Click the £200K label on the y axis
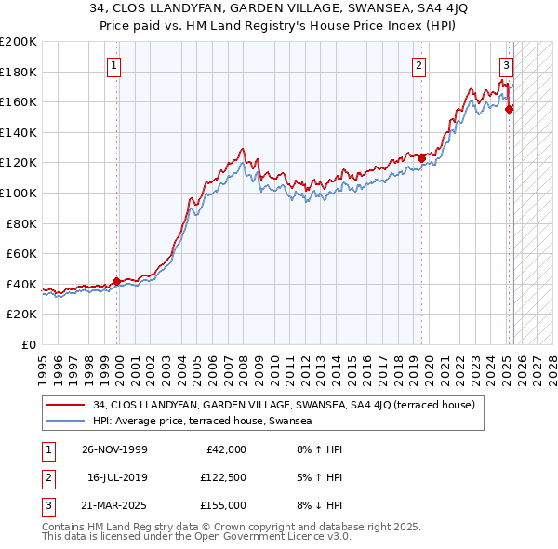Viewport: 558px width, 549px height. click(x=19, y=42)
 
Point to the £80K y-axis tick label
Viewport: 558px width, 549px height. click(x=21, y=223)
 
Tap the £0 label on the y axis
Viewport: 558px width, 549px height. click(x=30, y=344)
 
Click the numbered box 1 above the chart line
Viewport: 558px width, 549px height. click(x=113, y=65)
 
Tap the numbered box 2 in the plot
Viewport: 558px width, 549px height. click(x=419, y=65)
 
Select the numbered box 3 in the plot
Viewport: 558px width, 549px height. click(x=506, y=65)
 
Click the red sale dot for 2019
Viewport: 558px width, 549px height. click(x=421, y=158)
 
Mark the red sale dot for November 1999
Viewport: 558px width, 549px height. click(x=117, y=280)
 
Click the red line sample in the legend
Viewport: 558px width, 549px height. click(x=67, y=406)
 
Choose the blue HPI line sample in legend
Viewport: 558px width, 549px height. click(x=67, y=421)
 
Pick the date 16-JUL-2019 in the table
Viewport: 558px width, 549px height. click(x=116, y=477)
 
